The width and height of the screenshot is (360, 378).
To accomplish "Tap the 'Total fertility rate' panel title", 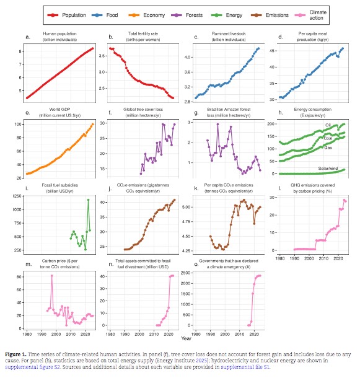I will (141, 37).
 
